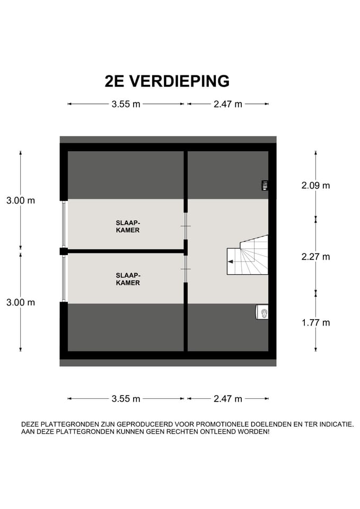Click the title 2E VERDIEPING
[x=167, y=81]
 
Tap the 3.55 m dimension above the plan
[x=126, y=104]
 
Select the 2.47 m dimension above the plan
[x=227, y=104]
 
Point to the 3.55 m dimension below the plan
[x=126, y=399]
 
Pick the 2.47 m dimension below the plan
[x=227, y=399]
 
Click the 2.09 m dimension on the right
[x=315, y=186]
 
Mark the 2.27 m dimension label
[x=315, y=257]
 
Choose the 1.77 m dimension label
[x=315, y=322]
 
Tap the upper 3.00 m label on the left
[x=21, y=200]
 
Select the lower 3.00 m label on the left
[x=21, y=302]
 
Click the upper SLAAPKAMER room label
[x=128, y=226]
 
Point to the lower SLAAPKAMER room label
[x=128, y=279]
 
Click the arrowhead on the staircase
[x=231, y=261]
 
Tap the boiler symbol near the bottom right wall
[x=262, y=313]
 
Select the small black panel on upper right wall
[x=265, y=185]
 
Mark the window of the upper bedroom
[x=64, y=224]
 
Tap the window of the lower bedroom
[x=64, y=279]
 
